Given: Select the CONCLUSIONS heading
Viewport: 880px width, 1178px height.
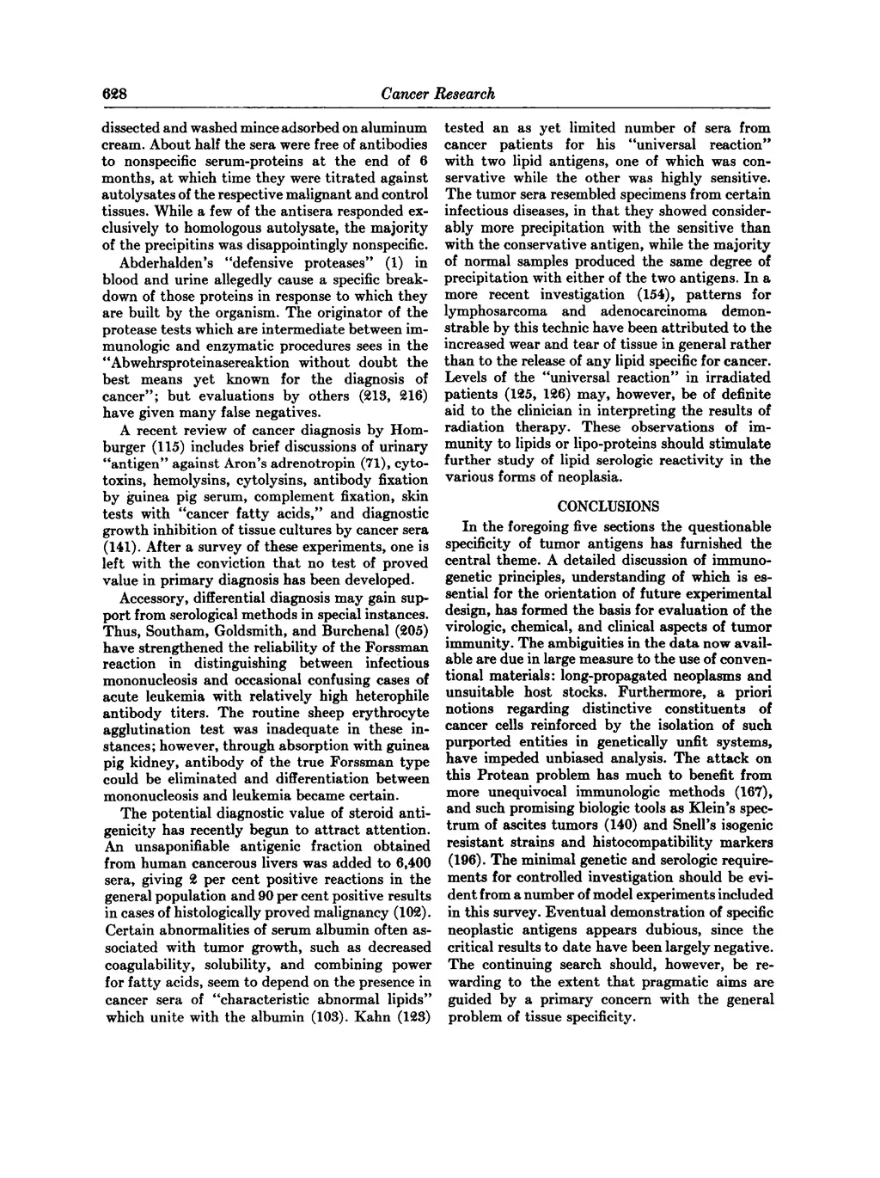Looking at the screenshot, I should click(x=608, y=506).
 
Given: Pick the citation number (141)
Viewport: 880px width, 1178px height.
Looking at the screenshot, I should click(x=118, y=546).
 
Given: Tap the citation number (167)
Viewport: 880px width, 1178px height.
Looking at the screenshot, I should click(x=754, y=791).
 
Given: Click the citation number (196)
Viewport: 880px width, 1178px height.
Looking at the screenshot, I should click(x=463, y=858).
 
